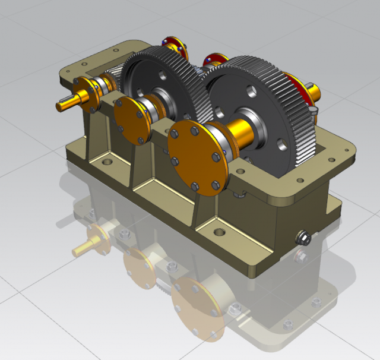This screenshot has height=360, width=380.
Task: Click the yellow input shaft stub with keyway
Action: (x=68, y=103)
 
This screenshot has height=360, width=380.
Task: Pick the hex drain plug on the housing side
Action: (x=303, y=238)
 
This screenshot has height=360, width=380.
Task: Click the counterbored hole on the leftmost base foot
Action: (x=107, y=161)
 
